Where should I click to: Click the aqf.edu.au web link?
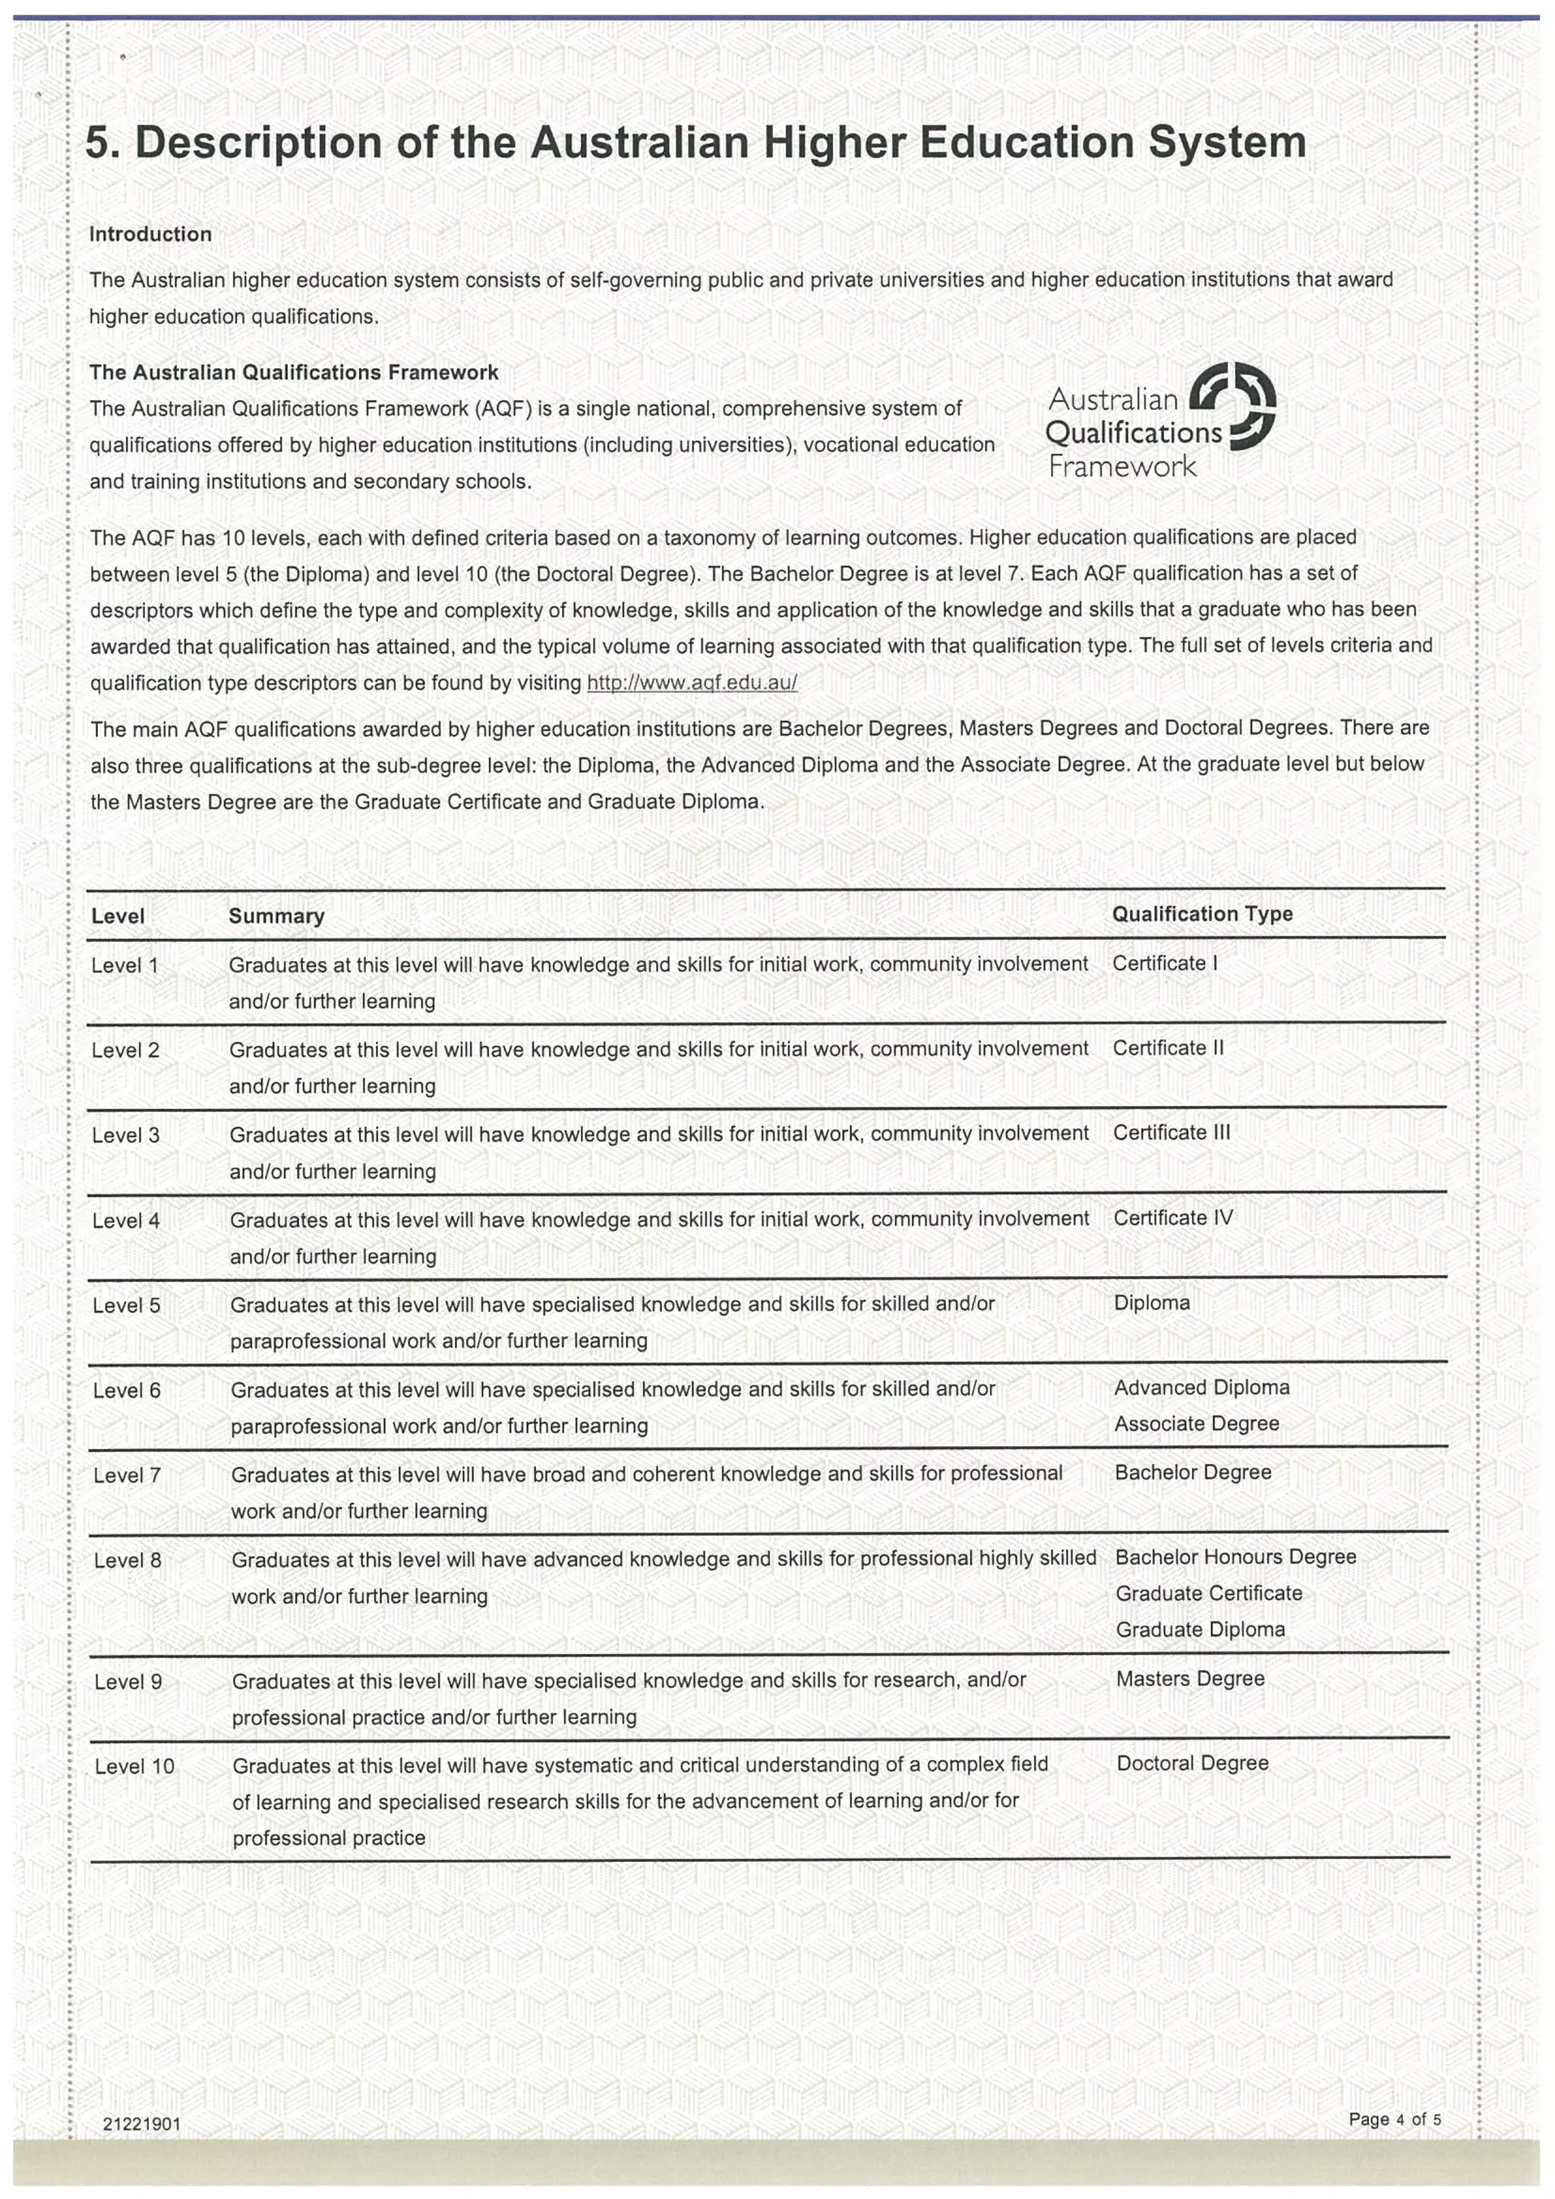pyautogui.click(x=691, y=683)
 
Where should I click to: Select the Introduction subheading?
pyautogui.click(x=150, y=235)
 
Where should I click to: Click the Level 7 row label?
pyautogui.click(x=127, y=1476)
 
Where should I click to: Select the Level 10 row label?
pyautogui.click(x=134, y=1766)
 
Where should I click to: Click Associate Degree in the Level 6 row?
pyautogui.click(x=1196, y=1424)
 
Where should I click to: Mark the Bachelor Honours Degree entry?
pyautogui.click(x=1235, y=1558)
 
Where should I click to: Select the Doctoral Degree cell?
pyautogui.click(x=1192, y=1763)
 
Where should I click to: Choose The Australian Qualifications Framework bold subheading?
pyautogui.click(x=294, y=373)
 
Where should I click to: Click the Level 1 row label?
pyautogui.click(x=125, y=966)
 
